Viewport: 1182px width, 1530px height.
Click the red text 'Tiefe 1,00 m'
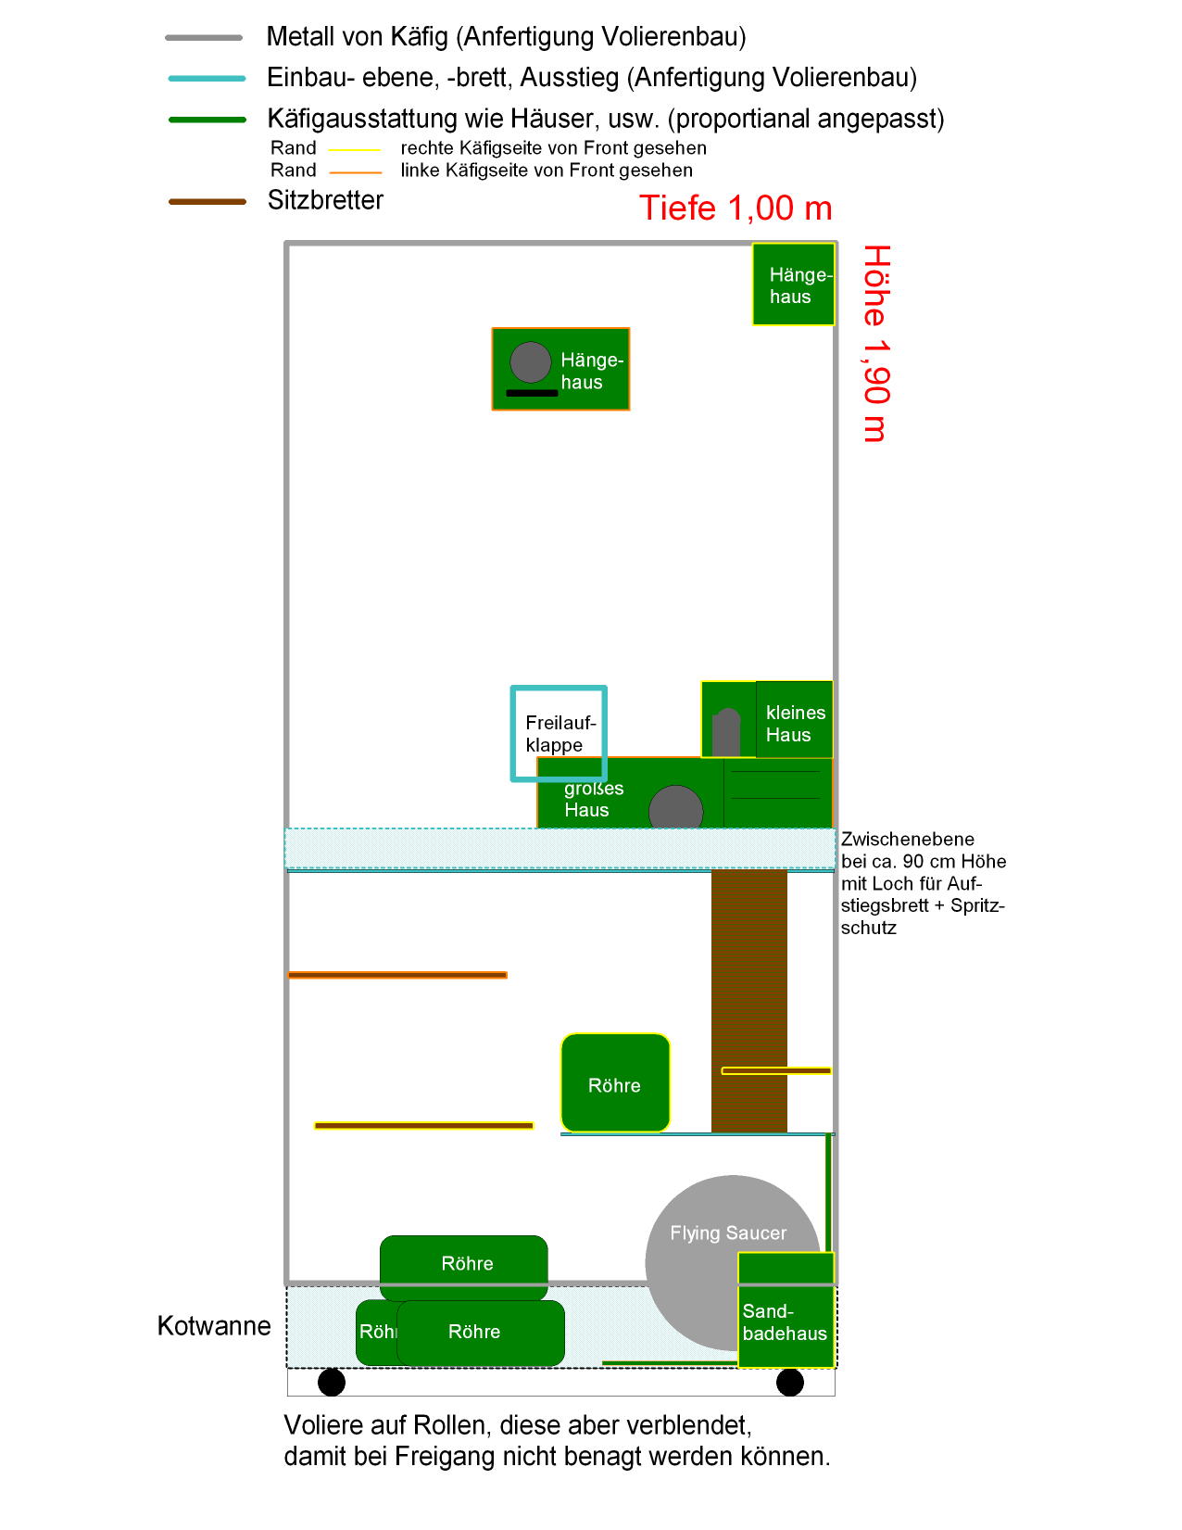736,209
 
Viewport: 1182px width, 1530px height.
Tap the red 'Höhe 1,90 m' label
876,344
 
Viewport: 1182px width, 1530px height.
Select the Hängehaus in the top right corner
794,285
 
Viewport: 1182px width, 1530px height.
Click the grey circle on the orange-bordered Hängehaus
531,362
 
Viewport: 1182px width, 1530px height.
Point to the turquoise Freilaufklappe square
512,733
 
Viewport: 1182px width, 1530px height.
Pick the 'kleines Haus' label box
795,719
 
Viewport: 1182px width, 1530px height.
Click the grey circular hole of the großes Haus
675,807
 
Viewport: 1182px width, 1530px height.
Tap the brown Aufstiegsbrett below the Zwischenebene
748,1001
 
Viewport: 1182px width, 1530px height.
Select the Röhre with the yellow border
615,1083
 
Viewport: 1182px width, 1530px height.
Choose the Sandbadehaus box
786,1310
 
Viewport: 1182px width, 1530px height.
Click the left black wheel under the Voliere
332,1382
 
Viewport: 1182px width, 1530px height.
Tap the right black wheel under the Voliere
789,1382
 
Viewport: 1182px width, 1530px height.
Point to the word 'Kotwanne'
214,1326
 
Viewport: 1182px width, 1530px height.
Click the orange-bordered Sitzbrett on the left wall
397,975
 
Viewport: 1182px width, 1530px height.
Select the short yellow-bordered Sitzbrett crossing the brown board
776,1071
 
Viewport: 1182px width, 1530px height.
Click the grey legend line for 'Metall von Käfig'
204,37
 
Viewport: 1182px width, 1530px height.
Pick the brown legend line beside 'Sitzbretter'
207,202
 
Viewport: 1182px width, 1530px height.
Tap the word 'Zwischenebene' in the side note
907,840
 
